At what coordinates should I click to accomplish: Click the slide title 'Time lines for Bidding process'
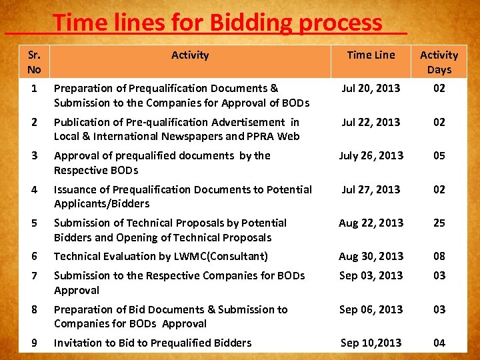click(x=218, y=23)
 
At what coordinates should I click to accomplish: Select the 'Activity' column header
click(x=190, y=55)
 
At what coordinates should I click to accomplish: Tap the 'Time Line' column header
click(x=371, y=55)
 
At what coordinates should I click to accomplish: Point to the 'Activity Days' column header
click(x=439, y=62)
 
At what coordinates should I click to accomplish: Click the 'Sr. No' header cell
click(x=34, y=62)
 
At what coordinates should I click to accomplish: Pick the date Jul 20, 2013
click(x=371, y=88)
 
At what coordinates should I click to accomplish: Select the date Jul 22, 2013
click(x=371, y=122)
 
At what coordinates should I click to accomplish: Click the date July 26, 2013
click(x=371, y=155)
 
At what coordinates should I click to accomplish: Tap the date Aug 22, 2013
click(x=371, y=223)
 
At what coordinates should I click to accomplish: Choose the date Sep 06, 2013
click(x=371, y=309)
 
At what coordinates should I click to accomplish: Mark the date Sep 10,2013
click(x=371, y=343)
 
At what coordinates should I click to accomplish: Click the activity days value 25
click(x=439, y=223)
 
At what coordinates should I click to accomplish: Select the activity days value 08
click(x=439, y=256)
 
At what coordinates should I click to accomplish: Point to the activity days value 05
click(x=439, y=155)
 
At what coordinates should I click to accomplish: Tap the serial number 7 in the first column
click(x=34, y=275)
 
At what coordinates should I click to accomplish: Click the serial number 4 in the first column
click(x=34, y=189)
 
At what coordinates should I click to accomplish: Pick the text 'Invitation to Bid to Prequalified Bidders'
click(x=153, y=343)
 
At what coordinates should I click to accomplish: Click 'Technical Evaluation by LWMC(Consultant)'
click(x=161, y=256)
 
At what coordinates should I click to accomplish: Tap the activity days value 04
click(x=439, y=343)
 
